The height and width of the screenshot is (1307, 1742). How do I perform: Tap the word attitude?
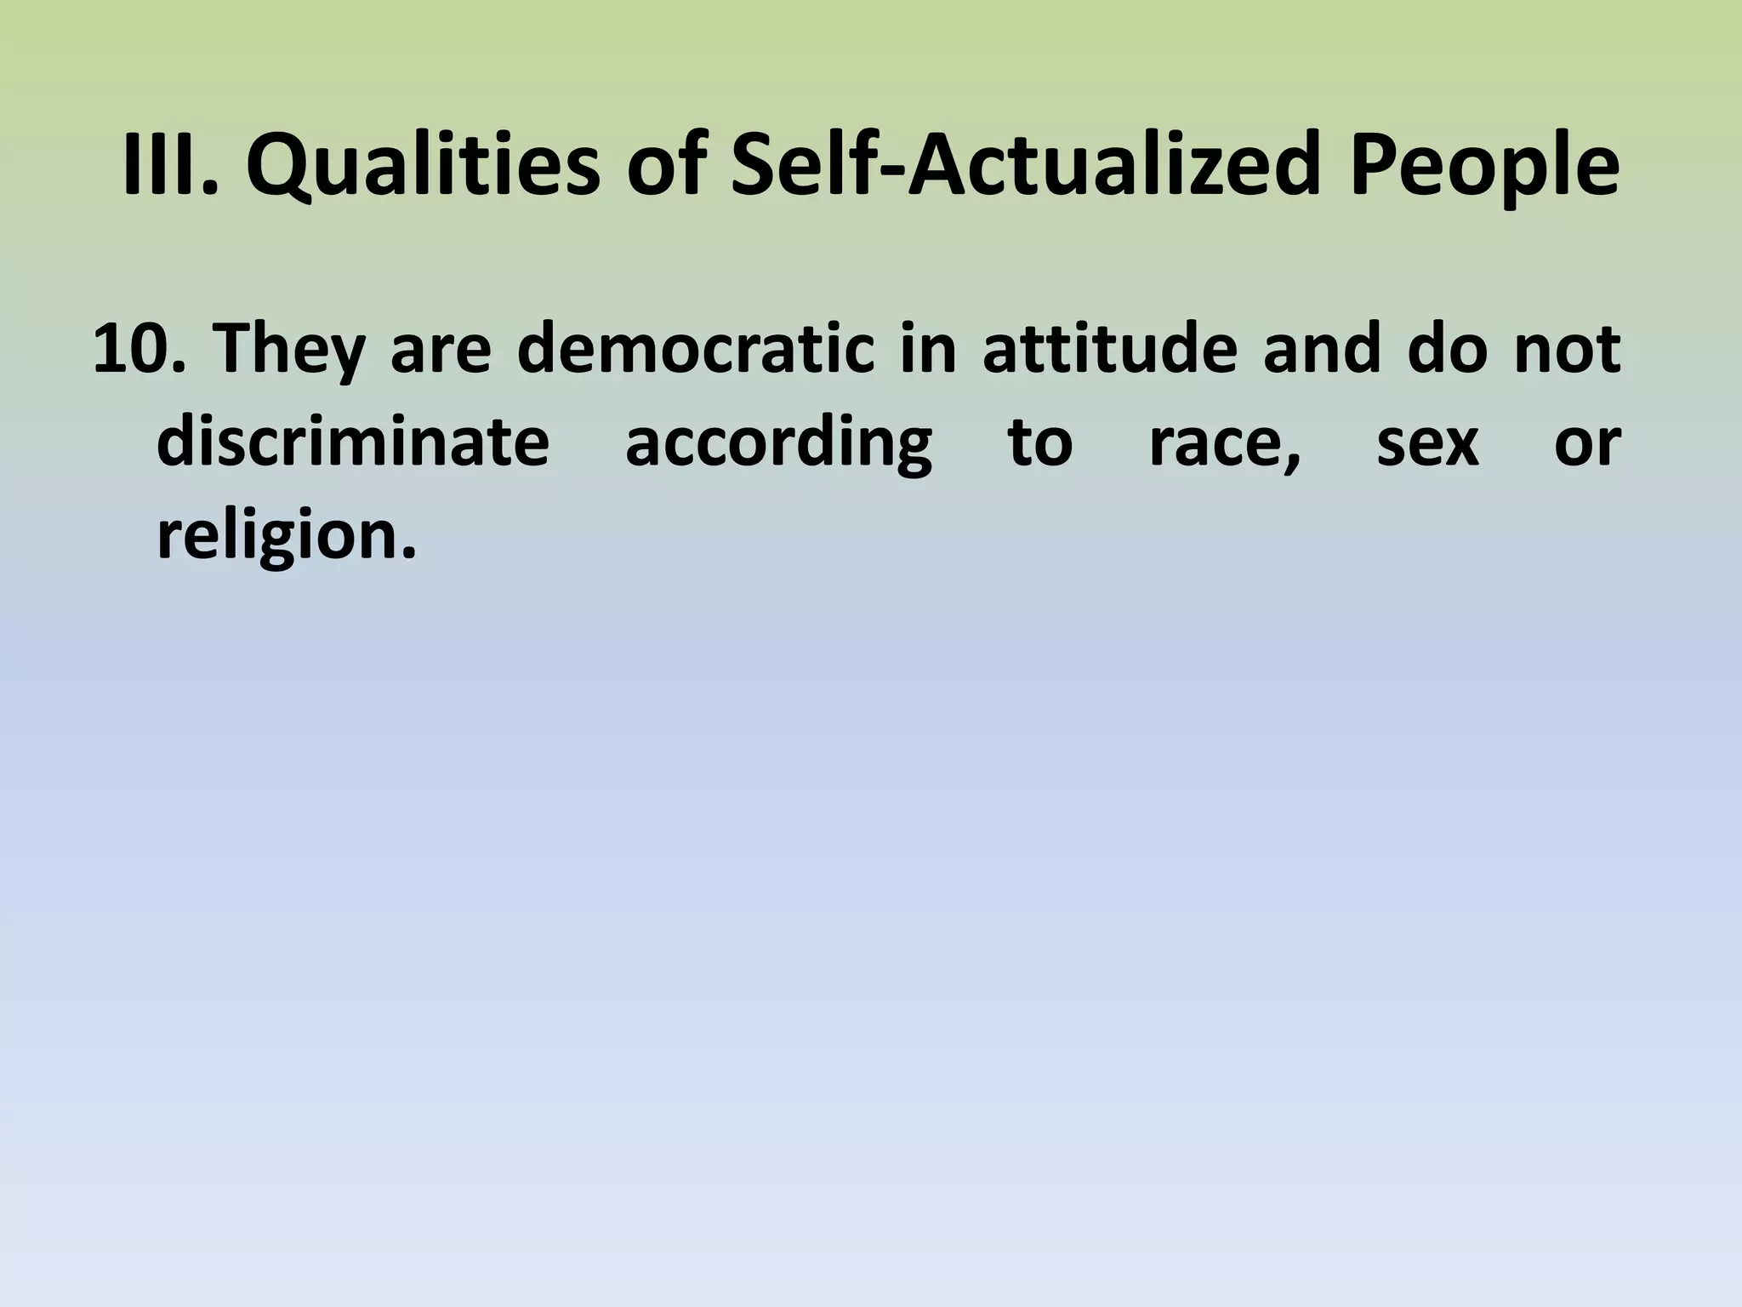click(1109, 350)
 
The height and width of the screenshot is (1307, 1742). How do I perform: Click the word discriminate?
click(353, 442)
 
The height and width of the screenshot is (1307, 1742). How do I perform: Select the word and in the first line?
click(1322, 350)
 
